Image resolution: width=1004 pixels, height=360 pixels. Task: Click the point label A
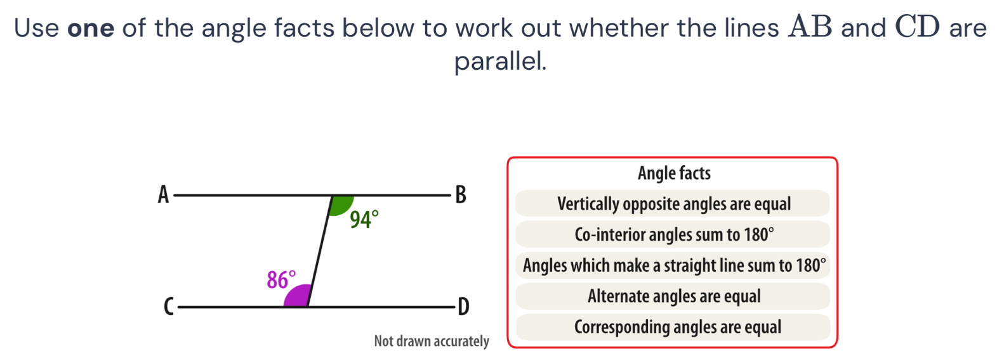pyautogui.click(x=164, y=195)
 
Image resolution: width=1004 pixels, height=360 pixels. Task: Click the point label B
pyautogui.click(x=461, y=195)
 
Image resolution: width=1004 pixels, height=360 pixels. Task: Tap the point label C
pyautogui.click(x=169, y=307)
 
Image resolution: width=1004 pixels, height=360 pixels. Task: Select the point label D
pyautogui.click(x=463, y=307)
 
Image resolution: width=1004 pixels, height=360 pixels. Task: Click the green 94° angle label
pyautogui.click(x=364, y=219)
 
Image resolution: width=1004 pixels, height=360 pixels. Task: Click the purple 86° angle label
pyautogui.click(x=282, y=280)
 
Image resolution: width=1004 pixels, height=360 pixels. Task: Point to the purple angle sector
pyautogui.click(x=297, y=296)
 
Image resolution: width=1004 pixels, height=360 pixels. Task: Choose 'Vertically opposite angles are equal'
pyautogui.click(x=673, y=204)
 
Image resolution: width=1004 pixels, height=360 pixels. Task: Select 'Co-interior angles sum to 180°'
pyautogui.click(x=673, y=234)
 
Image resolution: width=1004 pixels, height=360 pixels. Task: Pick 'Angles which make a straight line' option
pyautogui.click(x=673, y=265)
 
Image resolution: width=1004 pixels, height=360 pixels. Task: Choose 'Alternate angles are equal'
pyautogui.click(x=673, y=296)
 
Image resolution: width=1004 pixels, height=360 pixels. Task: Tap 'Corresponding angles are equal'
pyautogui.click(x=673, y=327)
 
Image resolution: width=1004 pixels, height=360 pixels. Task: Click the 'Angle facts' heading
pyautogui.click(x=674, y=173)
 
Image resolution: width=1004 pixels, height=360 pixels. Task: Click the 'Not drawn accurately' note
pyautogui.click(x=432, y=341)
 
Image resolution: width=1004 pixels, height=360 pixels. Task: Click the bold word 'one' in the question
pyautogui.click(x=91, y=28)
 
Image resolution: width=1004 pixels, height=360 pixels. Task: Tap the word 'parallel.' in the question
pyautogui.click(x=501, y=61)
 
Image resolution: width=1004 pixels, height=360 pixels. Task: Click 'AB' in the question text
pyautogui.click(x=810, y=27)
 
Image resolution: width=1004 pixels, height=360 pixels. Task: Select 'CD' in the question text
pyautogui.click(x=918, y=27)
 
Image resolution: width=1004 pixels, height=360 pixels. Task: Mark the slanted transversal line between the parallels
pyautogui.click(x=320, y=251)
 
